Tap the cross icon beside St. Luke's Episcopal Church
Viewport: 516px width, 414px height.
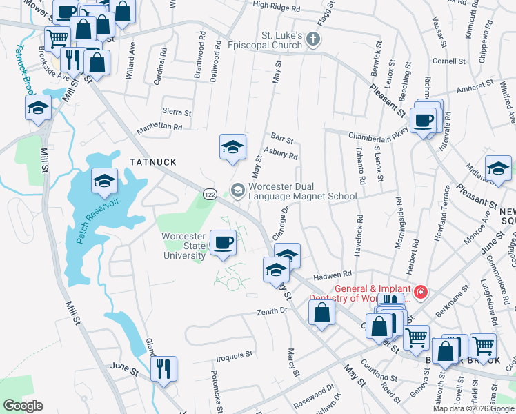click(x=314, y=39)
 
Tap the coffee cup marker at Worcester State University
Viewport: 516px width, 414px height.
click(x=223, y=243)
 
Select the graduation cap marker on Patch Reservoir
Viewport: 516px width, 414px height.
click(x=104, y=181)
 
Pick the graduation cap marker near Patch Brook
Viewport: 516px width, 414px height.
click(x=39, y=108)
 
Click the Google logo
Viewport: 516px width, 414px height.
click(x=23, y=406)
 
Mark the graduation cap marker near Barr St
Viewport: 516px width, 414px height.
click(x=232, y=146)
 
